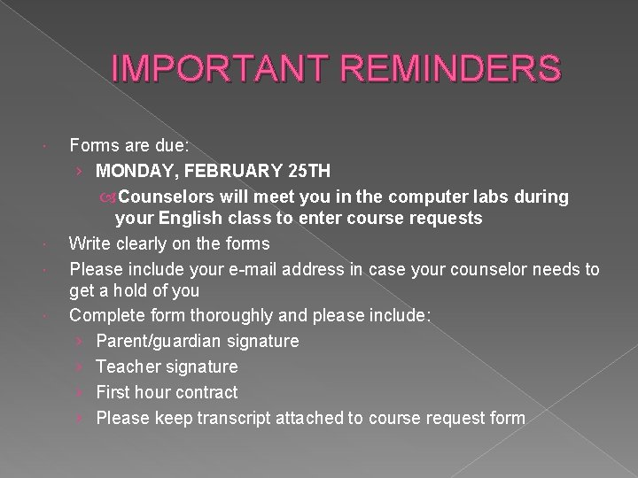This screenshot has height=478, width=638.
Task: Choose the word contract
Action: pyautogui.click(x=205, y=391)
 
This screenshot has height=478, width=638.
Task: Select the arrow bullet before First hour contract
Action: pyautogui.click(x=81, y=391)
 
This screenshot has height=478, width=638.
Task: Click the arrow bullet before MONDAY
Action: pyautogui.click(x=81, y=169)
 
